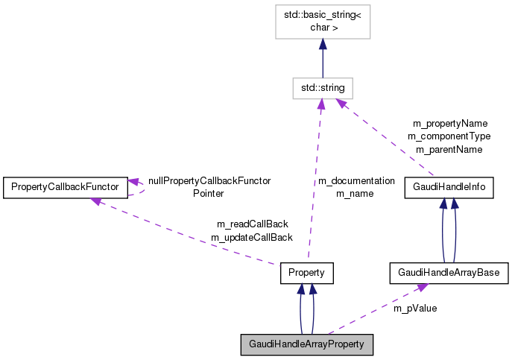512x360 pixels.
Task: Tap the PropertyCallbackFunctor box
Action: coord(66,187)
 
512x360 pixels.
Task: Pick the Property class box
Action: coord(306,274)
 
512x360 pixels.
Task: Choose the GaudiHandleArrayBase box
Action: coord(449,274)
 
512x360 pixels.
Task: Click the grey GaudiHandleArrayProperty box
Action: coord(306,344)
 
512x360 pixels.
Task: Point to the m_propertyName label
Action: coord(450,123)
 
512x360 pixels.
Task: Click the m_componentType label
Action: coord(449,136)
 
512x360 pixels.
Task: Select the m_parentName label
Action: coord(449,149)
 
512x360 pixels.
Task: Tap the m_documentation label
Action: coord(356,180)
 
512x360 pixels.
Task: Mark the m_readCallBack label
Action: coord(252,224)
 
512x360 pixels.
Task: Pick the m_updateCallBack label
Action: coord(252,237)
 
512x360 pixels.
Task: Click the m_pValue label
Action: coord(415,308)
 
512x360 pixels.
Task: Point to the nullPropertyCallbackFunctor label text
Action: coord(209,180)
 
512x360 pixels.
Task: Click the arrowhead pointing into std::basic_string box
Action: coord(322,45)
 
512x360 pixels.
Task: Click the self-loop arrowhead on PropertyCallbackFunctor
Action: coord(134,181)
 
